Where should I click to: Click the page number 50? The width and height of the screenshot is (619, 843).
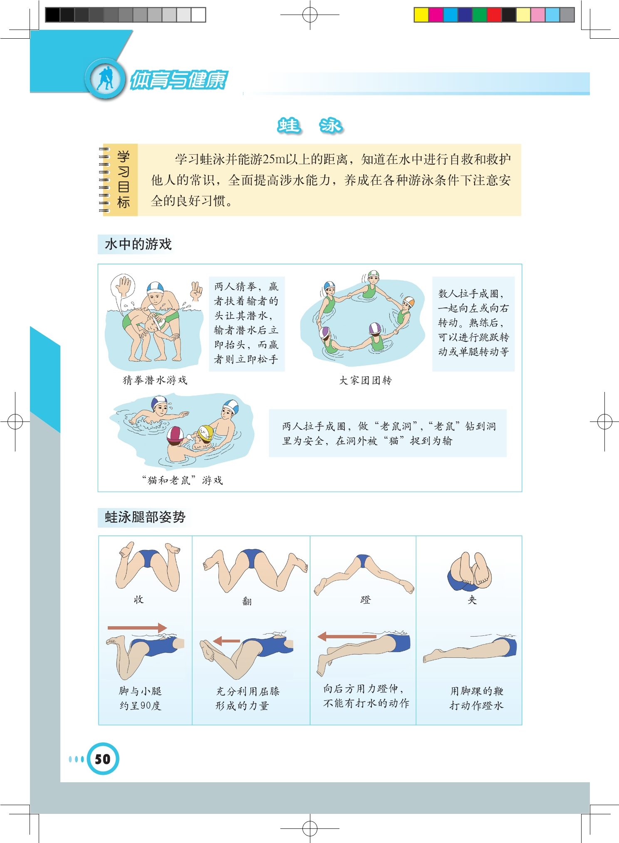103,759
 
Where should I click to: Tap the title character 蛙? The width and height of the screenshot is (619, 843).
288,125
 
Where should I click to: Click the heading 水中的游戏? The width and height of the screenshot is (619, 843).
138,244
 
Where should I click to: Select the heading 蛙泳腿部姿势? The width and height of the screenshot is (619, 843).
145,517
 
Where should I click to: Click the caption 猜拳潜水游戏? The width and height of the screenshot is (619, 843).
155,380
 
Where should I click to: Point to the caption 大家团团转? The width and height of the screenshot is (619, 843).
365,380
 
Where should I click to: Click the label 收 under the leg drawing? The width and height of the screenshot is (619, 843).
139,600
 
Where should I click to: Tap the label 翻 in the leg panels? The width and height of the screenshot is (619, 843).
247,601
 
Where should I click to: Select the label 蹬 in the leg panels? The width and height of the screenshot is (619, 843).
365,600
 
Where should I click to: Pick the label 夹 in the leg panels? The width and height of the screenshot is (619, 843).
472,600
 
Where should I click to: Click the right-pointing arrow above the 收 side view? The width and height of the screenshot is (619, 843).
137,627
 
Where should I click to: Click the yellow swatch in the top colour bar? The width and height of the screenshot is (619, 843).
421,15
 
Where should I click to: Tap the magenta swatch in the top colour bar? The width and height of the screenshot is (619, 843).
436,15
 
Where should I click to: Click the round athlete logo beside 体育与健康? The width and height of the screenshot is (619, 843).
105,79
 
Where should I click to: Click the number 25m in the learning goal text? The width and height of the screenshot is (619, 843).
275,159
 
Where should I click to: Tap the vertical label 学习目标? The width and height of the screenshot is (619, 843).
124,179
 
